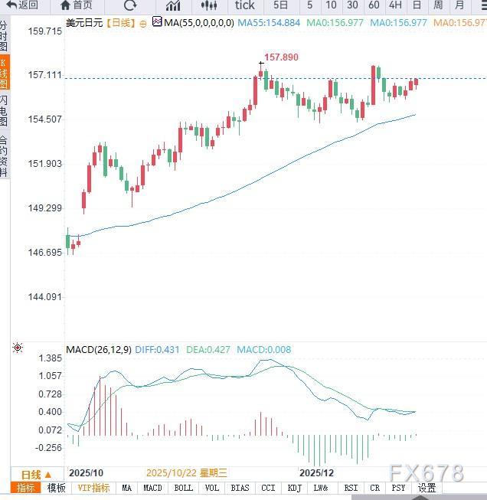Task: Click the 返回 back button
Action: (x=23, y=5)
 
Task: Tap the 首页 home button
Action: (x=76, y=5)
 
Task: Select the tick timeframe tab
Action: (x=244, y=5)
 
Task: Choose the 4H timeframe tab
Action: (x=395, y=5)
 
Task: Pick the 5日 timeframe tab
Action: (x=280, y=5)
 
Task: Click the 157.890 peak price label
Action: (x=281, y=57)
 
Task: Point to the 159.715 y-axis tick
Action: (x=44, y=31)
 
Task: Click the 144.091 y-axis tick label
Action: (x=44, y=297)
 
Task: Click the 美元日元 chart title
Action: (x=85, y=23)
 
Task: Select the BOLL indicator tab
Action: (x=184, y=488)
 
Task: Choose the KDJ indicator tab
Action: (x=294, y=488)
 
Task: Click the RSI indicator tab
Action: (x=351, y=488)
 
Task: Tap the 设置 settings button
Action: (x=427, y=488)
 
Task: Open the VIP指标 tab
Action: (x=95, y=488)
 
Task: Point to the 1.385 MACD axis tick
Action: (x=49, y=358)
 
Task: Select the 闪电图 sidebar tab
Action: (x=5, y=111)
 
